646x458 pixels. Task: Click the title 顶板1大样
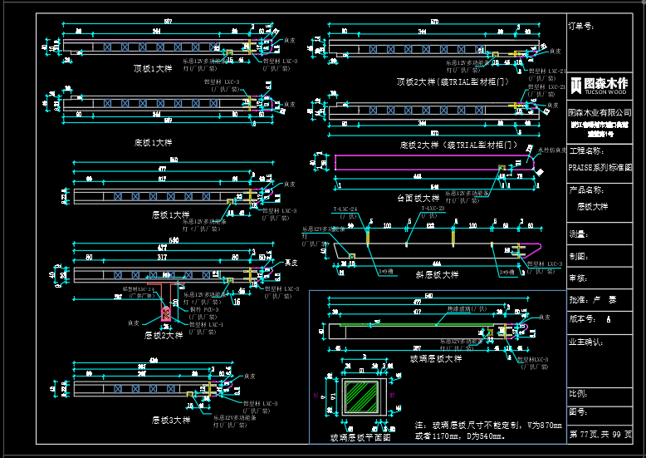[153, 68]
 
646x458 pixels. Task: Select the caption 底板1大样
[153, 142]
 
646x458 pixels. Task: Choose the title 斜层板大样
[437, 274]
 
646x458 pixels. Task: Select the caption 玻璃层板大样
[436, 358]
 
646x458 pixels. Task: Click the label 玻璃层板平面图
[360, 436]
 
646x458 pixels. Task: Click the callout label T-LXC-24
[345, 209]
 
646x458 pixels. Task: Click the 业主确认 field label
[585, 341]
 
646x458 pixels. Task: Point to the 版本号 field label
[583, 318]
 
